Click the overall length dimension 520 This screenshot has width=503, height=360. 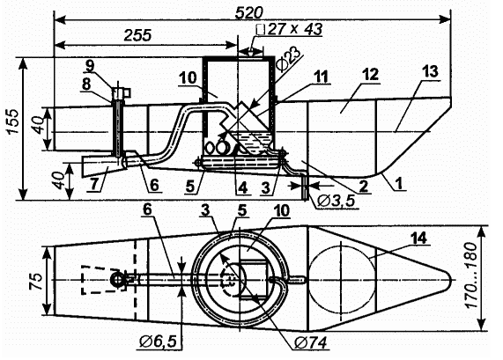tap(248, 13)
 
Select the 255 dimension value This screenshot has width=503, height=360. tap(138, 35)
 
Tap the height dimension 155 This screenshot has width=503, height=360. tap(13, 121)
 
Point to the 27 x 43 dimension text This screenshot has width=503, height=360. tap(290, 30)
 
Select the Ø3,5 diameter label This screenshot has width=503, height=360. tap(336, 202)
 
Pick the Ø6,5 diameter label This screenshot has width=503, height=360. tap(159, 342)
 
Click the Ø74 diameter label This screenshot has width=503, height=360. tap(311, 343)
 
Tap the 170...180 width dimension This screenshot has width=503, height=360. tap(473, 276)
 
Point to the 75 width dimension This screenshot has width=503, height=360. tap(36, 281)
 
